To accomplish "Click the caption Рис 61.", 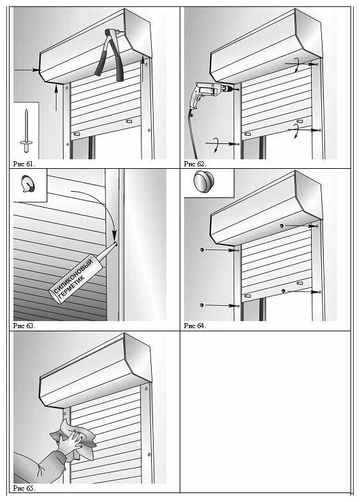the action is click(x=24, y=164).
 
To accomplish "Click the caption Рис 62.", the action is click(x=195, y=164).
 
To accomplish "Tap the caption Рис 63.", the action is click(x=24, y=326).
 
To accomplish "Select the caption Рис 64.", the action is click(x=195, y=326).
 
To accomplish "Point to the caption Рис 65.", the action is click(x=24, y=488).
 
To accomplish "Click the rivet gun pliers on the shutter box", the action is click(x=109, y=55).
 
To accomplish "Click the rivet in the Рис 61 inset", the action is click(x=25, y=131).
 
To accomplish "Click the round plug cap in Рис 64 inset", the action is click(x=204, y=182).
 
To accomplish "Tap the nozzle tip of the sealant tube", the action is click(x=116, y=244).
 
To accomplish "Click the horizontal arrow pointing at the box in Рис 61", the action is click(x=27, y=70).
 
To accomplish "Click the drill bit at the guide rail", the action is click(x=236, y=89).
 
